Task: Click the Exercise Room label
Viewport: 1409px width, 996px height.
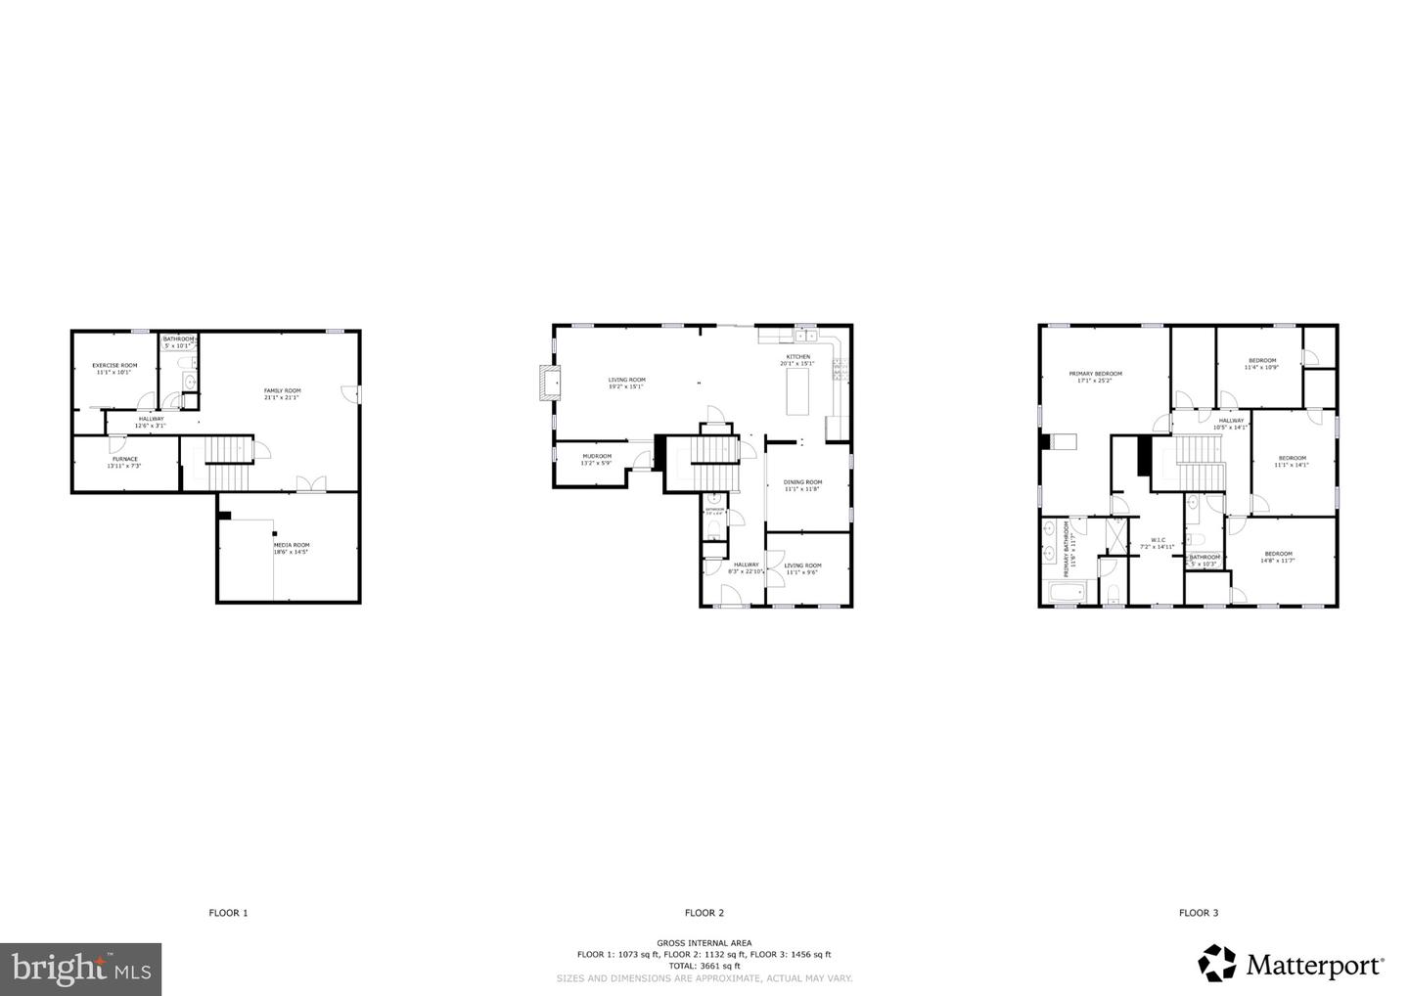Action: tap(114, 368)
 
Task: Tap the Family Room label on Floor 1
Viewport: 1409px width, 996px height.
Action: tap(282, 393)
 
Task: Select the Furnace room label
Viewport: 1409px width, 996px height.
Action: tap(124, 462)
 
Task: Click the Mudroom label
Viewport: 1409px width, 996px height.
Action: tap(596, 459)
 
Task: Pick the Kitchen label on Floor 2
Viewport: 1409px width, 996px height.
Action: tap(797, 359)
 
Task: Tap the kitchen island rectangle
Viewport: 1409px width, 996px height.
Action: tap(801, 389)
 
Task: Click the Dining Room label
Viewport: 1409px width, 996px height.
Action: tap(802, 484)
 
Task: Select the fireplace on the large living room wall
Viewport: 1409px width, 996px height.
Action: tap(549, 382)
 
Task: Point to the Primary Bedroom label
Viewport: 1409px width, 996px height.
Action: tap(1095, 376)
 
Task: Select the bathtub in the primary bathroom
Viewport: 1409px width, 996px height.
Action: tap(1067, 593)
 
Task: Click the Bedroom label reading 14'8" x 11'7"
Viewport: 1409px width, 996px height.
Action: tap(1278, 556)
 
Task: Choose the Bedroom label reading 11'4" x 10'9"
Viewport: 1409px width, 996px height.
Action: tap(1261, 363)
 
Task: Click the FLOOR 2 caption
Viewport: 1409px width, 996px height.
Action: tap(704, 913)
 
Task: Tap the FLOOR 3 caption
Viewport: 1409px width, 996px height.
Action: tap(1198, 913)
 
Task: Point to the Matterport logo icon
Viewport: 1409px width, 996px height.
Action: tap(1217, 963)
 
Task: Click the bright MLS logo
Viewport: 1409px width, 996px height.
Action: tap(80, 969)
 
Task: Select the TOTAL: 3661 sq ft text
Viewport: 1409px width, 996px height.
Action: tap(704, 966)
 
